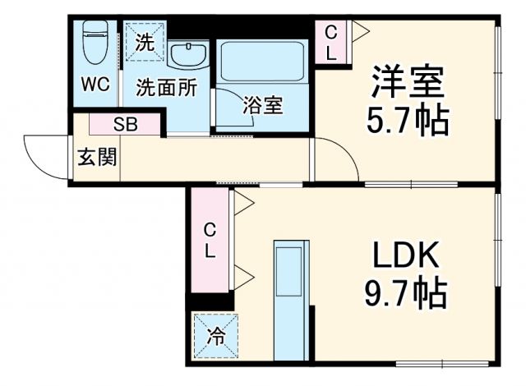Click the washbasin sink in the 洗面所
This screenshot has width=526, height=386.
point(189,54)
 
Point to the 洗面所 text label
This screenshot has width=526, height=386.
point(166,87)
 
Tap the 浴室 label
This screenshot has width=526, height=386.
point(262,106)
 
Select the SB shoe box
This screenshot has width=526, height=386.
point(126,125)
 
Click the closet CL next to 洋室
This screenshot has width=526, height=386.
point(330,42)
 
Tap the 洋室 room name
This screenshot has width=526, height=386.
point(406,82)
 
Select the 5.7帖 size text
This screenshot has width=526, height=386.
point(407,122)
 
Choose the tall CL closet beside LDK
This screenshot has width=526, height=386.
point(210,241)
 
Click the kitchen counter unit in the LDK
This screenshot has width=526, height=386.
point(290,300)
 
